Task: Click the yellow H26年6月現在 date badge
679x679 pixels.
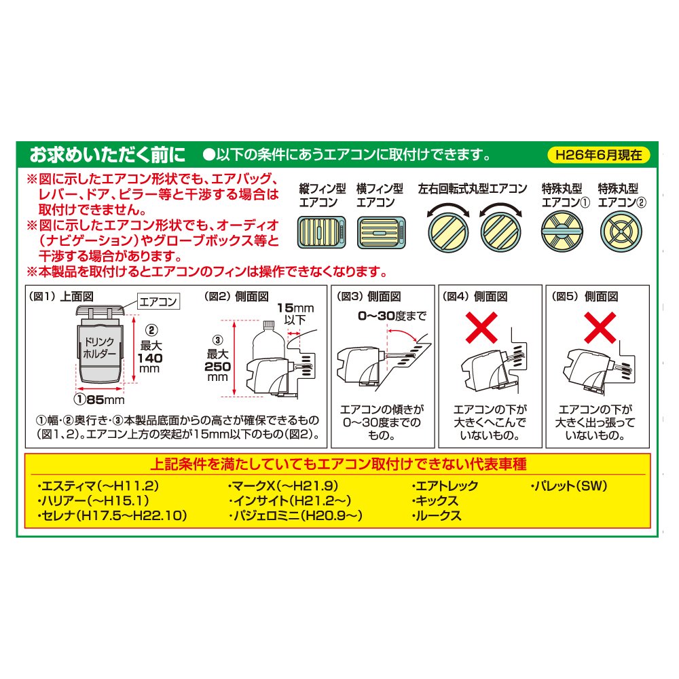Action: click(599, 155)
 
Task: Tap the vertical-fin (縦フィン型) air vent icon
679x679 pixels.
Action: click(321, 232)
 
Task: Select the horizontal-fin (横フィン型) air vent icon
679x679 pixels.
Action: click(381, 232)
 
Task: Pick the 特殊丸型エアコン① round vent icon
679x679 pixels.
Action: click(562, 232)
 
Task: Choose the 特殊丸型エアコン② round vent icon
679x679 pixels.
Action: click(621, 232)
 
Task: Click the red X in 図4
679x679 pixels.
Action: click(481, 328)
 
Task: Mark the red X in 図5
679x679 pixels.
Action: click(600, 328)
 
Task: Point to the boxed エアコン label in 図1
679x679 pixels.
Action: click(158, 301)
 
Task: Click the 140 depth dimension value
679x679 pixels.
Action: click(150, 358)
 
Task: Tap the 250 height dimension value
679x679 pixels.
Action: click(217, 367)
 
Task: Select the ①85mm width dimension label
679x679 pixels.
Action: click(99, 399)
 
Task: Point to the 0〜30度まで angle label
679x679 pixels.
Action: click(392, 316)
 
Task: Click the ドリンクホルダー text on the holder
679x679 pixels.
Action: click(100, 348)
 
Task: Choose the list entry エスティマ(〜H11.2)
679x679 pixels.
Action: click(98, 486)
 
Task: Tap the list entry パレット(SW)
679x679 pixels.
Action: click(569, 486)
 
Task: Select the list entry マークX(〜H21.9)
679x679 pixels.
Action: click(283, 486)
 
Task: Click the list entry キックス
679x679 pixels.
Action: click(435, 501)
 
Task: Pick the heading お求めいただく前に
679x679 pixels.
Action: click(107, 155)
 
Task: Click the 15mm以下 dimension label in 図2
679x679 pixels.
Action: click(295, 314)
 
